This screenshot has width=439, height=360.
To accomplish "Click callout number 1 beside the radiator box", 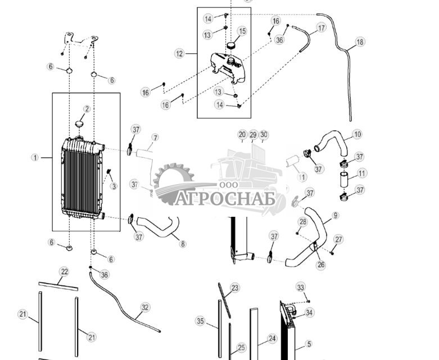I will pyautogui.click(x=35, y=158).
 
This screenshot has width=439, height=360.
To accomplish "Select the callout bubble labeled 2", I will pyautogui.click(x=87, y=109).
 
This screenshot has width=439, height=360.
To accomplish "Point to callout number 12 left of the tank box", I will pyautogui.click(x=179, y=54).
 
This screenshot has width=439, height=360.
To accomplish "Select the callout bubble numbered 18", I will pyautogui.click(x=360, y=42).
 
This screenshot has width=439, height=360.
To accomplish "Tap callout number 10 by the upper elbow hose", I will pyautogui.click(x=357, y=134).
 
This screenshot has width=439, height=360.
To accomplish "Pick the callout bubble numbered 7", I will pyautogui.click(x=155, y=138).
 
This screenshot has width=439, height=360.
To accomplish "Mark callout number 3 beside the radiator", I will pyautogui.click(x=114, y=186).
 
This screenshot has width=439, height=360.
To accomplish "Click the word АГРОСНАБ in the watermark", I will pyautogui.click(x=225, y=199).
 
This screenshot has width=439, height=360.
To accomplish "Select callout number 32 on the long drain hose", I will pyautogui.click(x=145, y=307).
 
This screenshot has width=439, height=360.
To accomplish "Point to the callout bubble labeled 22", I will pyautogui.click(x=64, y=271).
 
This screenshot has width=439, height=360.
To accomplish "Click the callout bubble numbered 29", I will pyautogui.click(x=253, y=135).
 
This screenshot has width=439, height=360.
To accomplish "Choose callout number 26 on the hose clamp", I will pyautogui.click(x=321, y=265).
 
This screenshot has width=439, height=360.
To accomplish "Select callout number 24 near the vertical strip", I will pyautogui.click(x=272, y=339).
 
